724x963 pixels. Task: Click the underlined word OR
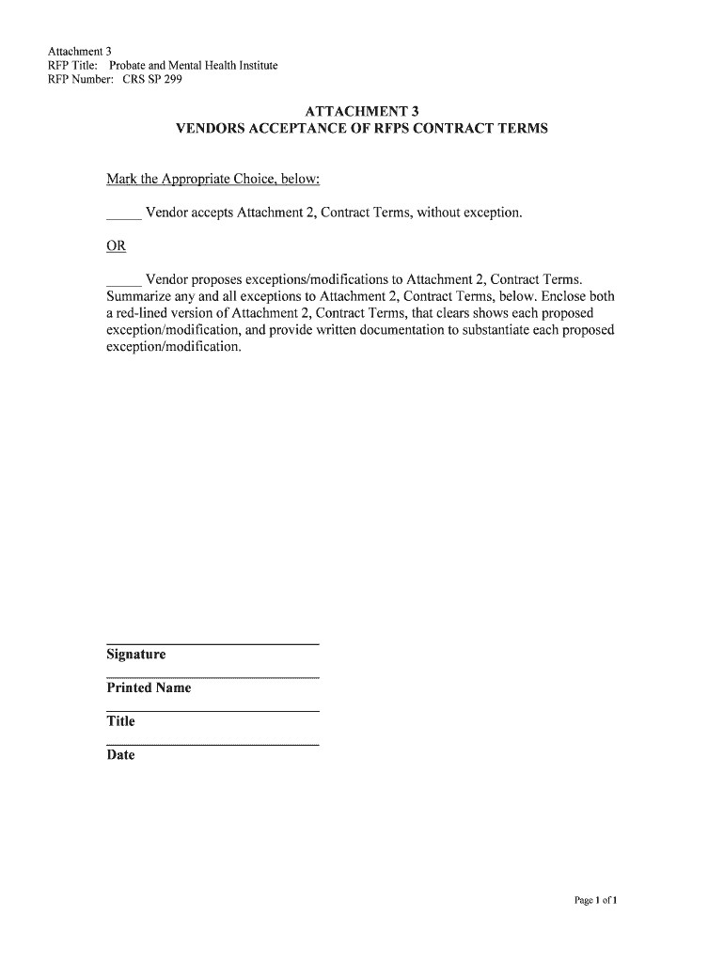tap(116, 246)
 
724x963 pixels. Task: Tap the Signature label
tap(136, 655)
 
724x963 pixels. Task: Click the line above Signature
tap(212, 644)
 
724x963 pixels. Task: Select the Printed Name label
tap(149, 688)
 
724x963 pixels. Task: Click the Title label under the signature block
tap(120, 721)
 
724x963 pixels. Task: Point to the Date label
tap(120, 755)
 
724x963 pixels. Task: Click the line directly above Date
tap(212, 745)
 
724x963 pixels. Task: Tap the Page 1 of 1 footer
tap(594, 901)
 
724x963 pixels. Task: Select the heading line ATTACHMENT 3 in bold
tap(361, 111)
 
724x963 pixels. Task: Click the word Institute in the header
tap(255, 66)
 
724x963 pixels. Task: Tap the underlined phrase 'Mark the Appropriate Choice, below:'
tap(213, 180)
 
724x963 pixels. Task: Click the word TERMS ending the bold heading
tap(520, 128)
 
